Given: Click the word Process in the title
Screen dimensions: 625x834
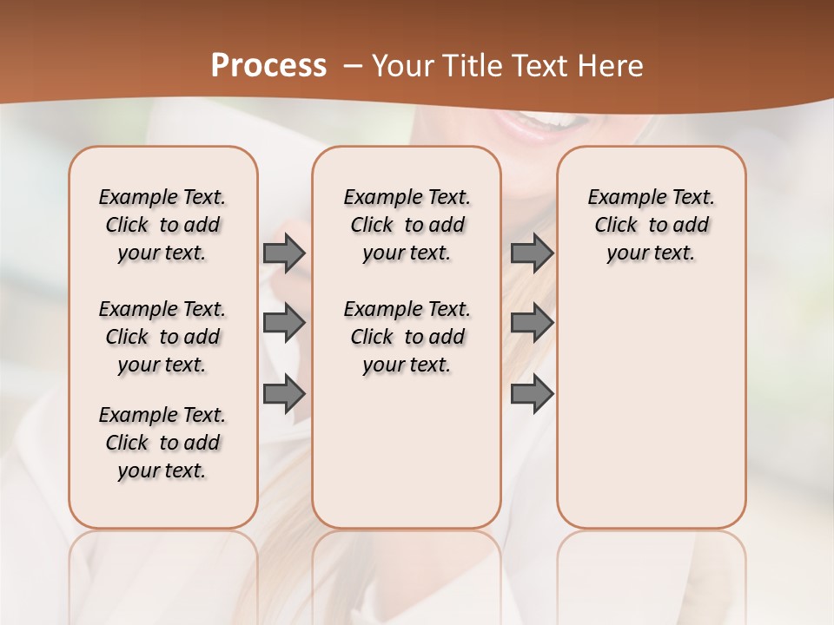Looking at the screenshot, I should click(x=268, y=66).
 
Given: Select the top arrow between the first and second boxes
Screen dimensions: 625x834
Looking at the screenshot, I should click(x=284, y=253).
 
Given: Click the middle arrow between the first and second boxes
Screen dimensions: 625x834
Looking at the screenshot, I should click(x=284, y=323).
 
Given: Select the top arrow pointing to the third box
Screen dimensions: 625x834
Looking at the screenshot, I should click(x=532, y=253).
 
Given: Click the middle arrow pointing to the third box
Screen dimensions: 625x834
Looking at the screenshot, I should click(x=532, y=323).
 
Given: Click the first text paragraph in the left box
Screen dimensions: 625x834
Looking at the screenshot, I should click(x=162, y=225).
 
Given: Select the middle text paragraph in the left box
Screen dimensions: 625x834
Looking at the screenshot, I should click(x=162, y=337).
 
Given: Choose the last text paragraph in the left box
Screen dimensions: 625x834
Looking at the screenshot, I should click(x=162, y=443).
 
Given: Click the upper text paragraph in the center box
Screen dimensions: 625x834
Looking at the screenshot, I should click(x=407, y=225).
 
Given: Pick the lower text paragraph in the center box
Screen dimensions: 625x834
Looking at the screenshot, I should click(x=407, y=337).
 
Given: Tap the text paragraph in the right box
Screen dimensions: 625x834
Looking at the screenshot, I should click(x=651, y=225).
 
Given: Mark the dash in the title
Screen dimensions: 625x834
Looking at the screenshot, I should click(x=353, y=66).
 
